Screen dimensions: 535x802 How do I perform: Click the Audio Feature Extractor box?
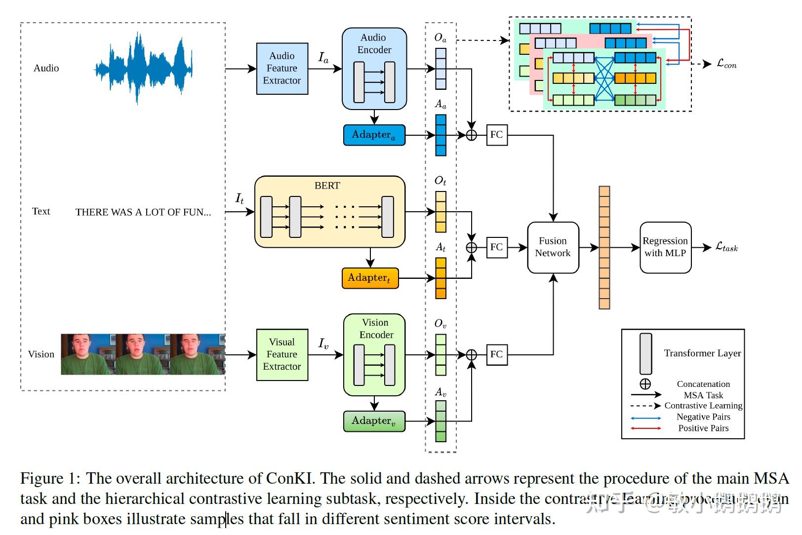(x=282, y=69)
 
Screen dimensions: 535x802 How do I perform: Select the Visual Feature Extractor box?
(x=282, y=354)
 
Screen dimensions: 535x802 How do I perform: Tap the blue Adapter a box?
(x=374, y=135)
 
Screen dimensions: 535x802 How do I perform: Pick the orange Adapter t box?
(x=369, y=278)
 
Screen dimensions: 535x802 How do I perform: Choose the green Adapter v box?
(x=374, y=421)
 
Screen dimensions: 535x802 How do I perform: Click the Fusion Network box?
(x=553, y=247)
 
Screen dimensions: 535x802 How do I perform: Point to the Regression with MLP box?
(x=665, y=247)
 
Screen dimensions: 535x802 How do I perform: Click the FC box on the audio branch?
(x=496, y=135)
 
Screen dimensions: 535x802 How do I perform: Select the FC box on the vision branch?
(x=496, y=354)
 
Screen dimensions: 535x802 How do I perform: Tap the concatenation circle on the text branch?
(x=472, y=247)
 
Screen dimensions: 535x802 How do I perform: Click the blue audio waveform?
(x=143, y=68)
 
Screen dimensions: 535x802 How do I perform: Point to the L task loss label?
(x=726, y=247)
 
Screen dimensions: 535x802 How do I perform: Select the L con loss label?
(x=726, y=64)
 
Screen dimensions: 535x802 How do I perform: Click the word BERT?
(x=327, y=186)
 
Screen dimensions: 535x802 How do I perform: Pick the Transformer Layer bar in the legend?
(x=645, y=353)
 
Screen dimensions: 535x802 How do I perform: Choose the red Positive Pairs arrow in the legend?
(x=645, y=428)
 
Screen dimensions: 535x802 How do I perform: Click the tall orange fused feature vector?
(x=604, y=247)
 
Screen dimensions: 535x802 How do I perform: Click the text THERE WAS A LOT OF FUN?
(x=143, y=212)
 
